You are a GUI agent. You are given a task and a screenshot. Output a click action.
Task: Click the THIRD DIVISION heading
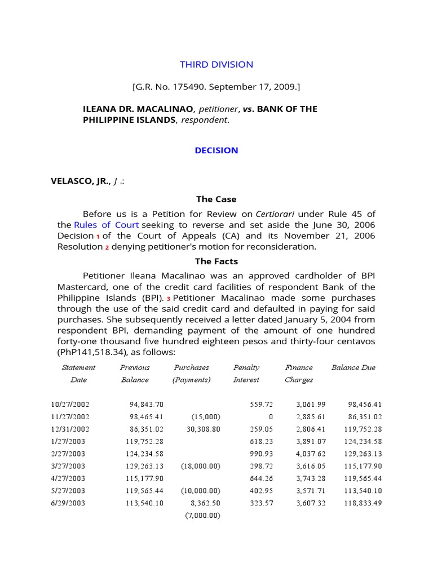click(x=216, y=64)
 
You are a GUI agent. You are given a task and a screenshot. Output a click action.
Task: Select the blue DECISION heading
click(x=216, y=150)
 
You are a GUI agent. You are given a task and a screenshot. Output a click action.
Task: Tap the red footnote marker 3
click(x=168, y=298)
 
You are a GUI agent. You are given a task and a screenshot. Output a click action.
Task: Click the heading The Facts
click(x=216, y=261)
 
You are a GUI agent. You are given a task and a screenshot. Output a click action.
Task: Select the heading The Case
click(x=216, y=199)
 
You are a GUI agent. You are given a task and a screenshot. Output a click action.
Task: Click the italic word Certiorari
click(x=275, y=214)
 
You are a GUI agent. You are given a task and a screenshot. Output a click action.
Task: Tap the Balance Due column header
click(x=353, y=367)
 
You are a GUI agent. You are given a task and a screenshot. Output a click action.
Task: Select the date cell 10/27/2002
click(x=70, y=405)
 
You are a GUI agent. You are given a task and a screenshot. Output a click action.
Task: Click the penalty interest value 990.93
click(x=261, y=454)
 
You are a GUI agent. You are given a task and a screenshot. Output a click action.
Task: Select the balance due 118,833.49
click(x=363, y=503)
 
